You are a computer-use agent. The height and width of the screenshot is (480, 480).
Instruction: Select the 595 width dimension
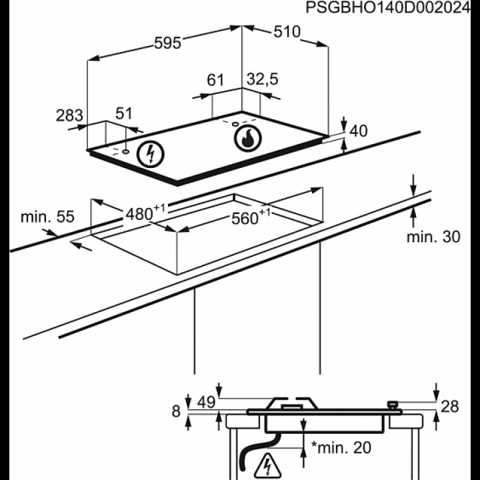click(167, 43)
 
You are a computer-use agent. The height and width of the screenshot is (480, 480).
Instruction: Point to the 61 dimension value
click(215, 81)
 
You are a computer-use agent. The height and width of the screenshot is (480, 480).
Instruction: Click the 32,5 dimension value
click(262, 79)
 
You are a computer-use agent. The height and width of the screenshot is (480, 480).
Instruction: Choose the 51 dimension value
click(125, 113)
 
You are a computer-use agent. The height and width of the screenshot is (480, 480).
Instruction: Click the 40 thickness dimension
click(359, 131)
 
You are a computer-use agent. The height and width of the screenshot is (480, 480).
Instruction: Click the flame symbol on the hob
click(248, 139)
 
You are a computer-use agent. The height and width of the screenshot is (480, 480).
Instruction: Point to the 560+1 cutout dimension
click(250, 217)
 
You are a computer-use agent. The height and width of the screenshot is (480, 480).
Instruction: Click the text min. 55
click(47, 217)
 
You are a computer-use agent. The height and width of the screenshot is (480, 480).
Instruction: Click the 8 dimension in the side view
click(176, 411)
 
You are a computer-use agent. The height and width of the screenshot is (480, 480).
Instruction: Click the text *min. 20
click(341, 447)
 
